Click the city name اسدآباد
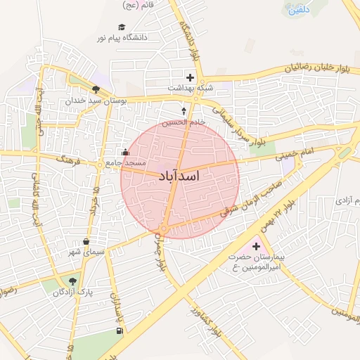pyautogui.click(x=180, y=176)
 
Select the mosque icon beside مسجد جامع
pyautogui.click(x=126, y=153)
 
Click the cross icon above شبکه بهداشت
pyautogui.click(x=190, y=77)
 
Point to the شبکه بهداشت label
pyautogui.click(x=190, y=87)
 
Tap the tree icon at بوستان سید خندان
pyautogui.click(x=96, y=89)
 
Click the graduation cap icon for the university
pyautogui.click(x=122, y=27)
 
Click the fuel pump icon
pyautogui.click(x=117, y=331)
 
